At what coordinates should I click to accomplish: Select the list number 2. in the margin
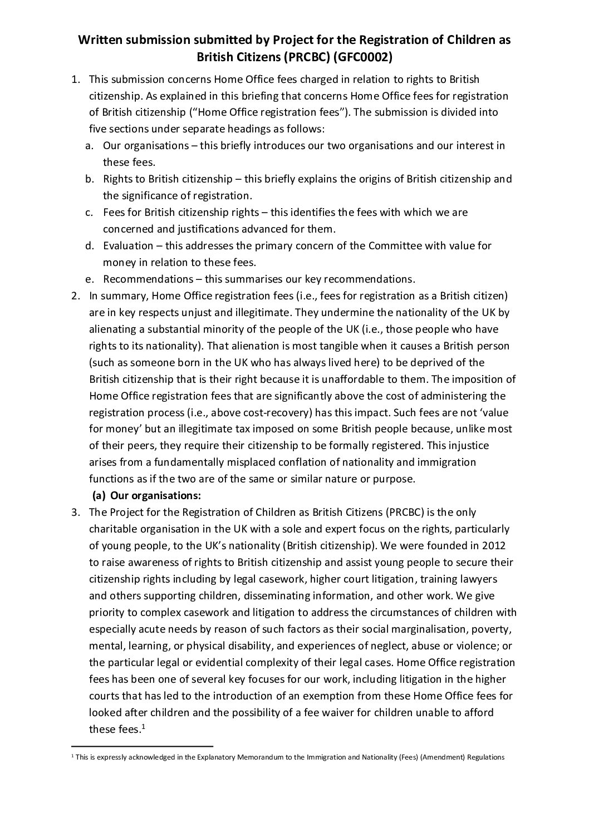pos(76,295)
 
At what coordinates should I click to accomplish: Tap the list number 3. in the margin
pos(76,512)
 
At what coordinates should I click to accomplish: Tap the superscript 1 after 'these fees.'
pos(143,726)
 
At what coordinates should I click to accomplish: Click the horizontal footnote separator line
pos(143,746)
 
